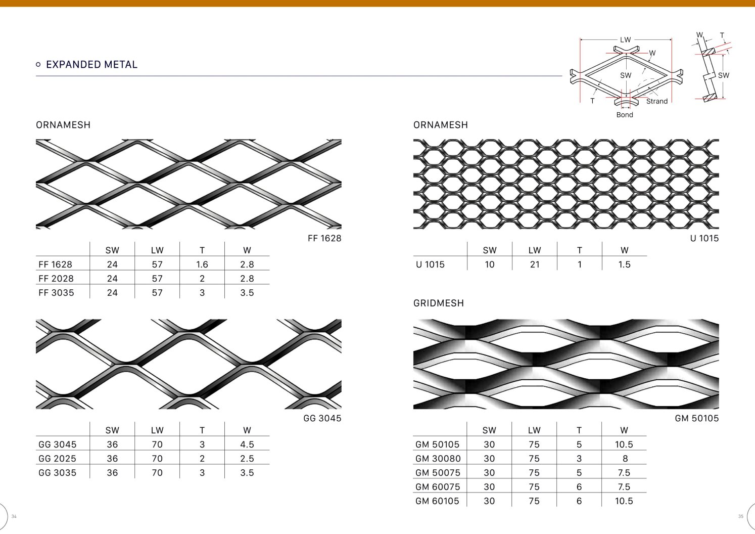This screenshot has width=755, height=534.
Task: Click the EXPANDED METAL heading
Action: click(91, 64)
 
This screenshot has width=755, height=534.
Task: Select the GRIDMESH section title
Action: click(439, 303)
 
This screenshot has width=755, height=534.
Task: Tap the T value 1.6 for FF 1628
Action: click(202, 264)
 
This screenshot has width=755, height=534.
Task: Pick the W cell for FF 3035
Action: click(247, 293)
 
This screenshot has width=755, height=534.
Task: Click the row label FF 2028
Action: click(56, 279)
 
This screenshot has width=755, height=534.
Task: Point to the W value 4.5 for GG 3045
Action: click(247, 444)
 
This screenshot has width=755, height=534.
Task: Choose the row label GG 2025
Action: click(57, 459)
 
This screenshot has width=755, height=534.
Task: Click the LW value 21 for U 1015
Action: click(535, 264)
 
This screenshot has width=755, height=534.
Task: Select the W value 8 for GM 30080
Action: click(625, 459)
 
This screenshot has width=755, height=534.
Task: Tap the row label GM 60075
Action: click(438, 487)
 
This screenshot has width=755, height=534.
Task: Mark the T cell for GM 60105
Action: click(579, 501)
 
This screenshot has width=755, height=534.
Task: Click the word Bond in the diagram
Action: click(625, 115)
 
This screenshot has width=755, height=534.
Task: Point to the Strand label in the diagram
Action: click(657, 101)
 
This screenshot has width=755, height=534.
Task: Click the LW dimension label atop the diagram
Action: click(626, 40)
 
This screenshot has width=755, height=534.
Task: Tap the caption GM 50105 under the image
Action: click(697, 418)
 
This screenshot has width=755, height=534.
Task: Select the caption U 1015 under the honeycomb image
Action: click(704, 239)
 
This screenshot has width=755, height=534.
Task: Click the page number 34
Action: click(14, 516)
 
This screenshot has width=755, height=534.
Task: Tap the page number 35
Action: click(741, 516)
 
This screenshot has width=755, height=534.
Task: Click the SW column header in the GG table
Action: click(112, 430)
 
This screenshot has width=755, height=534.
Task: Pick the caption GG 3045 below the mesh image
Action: click(322, 418)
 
